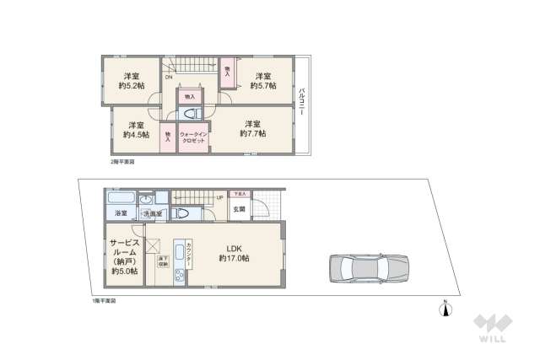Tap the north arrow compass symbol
(x=445, y=309)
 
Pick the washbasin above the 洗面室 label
(x=145, y=201)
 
